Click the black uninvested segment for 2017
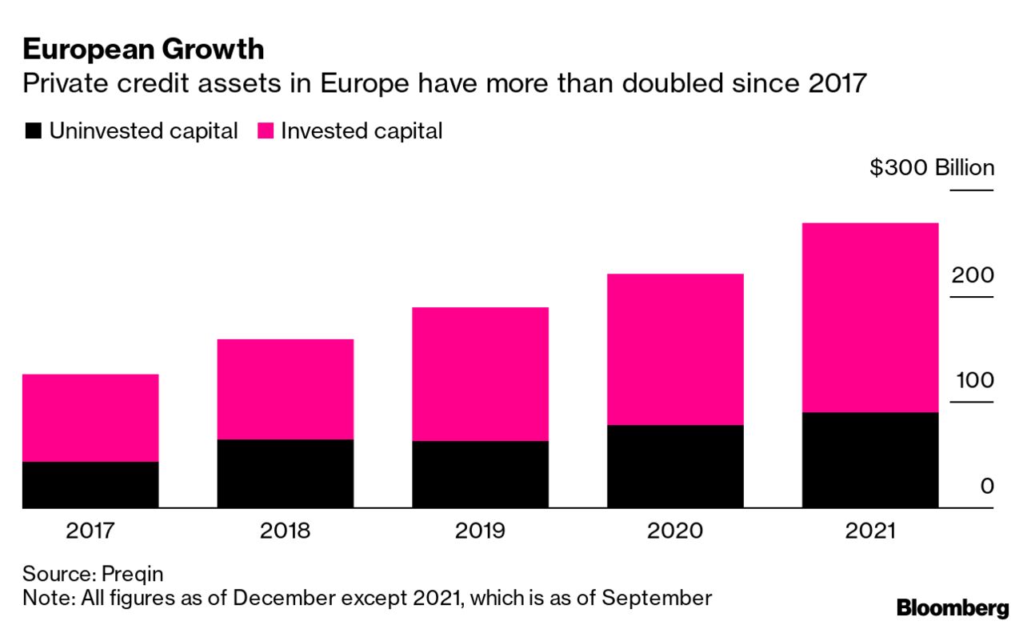coord(90,484)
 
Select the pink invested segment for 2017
coord(90,418)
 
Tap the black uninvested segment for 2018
coord(286,473)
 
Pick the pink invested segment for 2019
coord(480,374)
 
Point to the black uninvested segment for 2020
coord(675,466)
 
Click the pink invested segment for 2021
coord(870,318)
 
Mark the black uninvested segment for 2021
coord(870,459)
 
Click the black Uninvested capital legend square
coord(33,132)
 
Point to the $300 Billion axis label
coord(932,169)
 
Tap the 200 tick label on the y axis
coord(972,275)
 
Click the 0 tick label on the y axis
coord(986,486)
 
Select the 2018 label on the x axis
coord(286,531)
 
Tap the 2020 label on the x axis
coord(675,531)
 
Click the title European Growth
coord(143,50)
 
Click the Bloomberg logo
coord(953,607)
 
